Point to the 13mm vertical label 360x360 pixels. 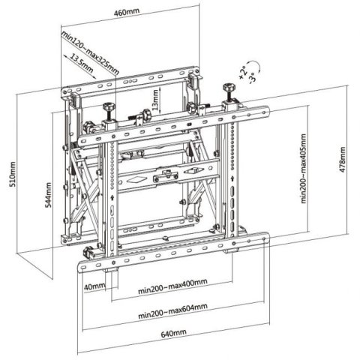156,98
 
